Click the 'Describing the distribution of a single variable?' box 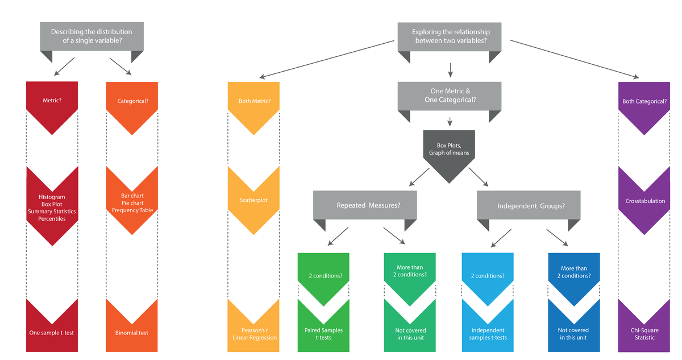92,36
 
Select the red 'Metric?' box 52,101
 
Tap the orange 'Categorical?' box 132,101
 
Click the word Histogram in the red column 52,197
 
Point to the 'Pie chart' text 132,203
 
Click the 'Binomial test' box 132,332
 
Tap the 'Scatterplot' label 253,200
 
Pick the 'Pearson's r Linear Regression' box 254,333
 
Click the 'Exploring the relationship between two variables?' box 450,36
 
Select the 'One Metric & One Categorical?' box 450,95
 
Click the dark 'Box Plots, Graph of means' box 449,150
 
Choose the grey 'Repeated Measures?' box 365,205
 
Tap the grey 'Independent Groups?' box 529,205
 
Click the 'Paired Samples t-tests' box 323,333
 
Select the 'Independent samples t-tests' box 488,333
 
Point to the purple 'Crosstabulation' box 644,201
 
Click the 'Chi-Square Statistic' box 644,333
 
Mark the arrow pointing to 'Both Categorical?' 574,58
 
